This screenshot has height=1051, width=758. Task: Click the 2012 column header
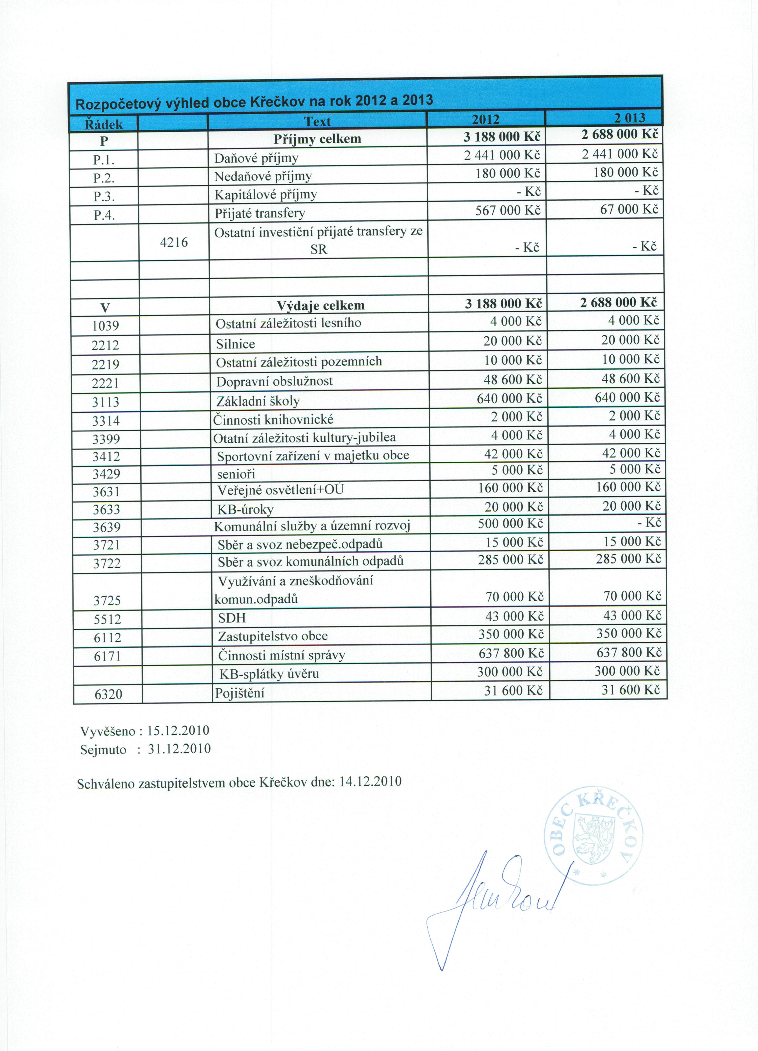tap(485, 120)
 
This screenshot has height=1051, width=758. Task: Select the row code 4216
tap(174, 242)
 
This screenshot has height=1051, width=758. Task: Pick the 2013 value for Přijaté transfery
tap(629, 209)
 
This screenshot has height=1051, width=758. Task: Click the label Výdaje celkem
tap(321, 305)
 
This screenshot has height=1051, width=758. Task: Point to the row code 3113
tap(106, 402)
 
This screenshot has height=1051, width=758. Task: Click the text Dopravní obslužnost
tap(274, 381)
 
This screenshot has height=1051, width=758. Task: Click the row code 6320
tap(108, 694)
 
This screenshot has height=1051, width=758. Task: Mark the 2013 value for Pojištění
tap(630, 690)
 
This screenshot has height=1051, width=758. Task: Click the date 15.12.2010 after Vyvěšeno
tap(178, 731)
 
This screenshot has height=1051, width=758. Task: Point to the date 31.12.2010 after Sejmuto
tap(179, 749)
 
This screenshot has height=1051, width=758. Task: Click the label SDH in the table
tap(232, 618)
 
